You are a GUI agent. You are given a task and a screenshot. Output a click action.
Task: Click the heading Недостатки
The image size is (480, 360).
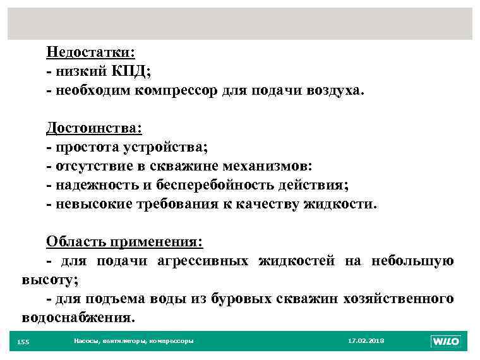[91, 52]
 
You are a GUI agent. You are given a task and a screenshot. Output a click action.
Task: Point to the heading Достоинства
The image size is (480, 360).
[94, 128]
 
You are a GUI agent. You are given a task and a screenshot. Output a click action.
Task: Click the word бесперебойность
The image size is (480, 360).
[219, 185]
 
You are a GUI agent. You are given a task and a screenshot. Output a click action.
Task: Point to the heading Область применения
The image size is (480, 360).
[124, 242]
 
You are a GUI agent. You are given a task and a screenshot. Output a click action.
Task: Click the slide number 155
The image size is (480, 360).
[23, 342]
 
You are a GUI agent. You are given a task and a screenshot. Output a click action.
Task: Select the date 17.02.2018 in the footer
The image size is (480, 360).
[366, 341]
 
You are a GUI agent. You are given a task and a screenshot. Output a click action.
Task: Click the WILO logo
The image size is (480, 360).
[446, 341]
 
